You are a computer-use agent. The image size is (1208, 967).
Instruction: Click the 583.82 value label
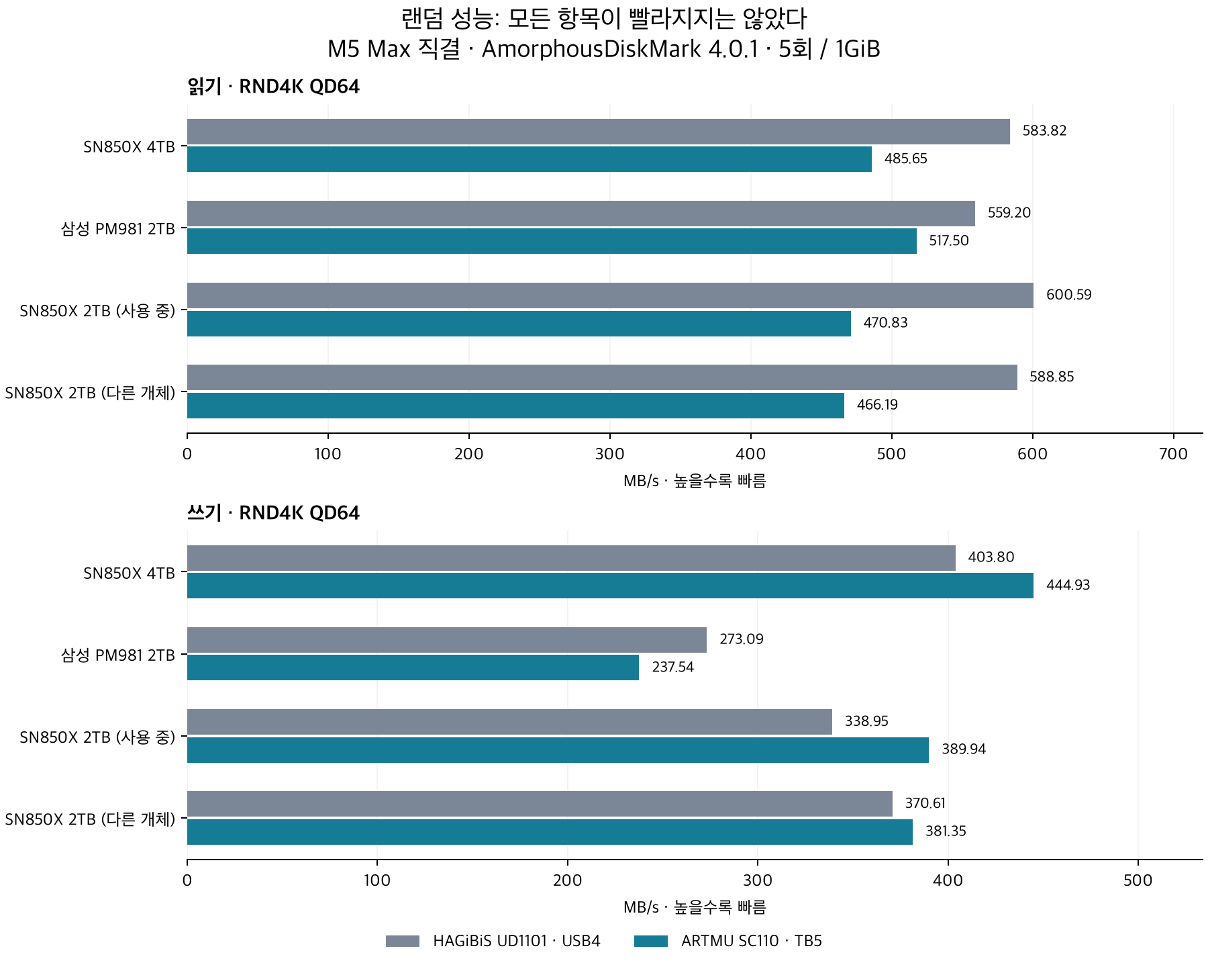point(1044,131)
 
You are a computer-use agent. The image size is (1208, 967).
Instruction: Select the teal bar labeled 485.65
point(530,159)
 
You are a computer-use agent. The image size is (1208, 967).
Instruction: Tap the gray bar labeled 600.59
point(610,295)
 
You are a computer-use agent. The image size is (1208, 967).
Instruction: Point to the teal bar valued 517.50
point(552,241)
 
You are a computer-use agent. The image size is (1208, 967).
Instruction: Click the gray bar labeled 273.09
point(447,640)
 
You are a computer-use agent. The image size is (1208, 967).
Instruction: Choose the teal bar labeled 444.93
point(610,586)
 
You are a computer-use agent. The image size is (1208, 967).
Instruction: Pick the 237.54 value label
point(673,667)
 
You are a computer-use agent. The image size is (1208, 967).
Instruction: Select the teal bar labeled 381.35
point(550,832)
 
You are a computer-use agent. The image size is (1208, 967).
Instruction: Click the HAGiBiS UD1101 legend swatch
point(403,941)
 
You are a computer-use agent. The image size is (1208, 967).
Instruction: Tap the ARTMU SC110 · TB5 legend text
point(752,941)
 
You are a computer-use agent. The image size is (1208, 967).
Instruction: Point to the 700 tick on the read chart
point(1174,454)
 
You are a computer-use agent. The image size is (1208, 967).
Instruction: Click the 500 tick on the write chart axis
point(1138,880)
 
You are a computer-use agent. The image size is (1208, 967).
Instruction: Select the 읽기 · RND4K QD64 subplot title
point(273,87)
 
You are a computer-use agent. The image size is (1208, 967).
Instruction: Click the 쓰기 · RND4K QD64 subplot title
point(273,513)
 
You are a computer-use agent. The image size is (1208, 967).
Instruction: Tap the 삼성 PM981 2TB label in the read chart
point(118,229)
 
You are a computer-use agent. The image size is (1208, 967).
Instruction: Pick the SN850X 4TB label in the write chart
point(130,573)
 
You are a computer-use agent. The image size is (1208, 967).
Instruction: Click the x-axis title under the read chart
point(695,481)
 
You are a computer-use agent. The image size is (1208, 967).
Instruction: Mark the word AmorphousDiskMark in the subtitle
point(591,50)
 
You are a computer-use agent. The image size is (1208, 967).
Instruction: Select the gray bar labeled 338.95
point(509,722)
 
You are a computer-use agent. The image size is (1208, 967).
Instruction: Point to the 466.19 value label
point(877,405)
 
